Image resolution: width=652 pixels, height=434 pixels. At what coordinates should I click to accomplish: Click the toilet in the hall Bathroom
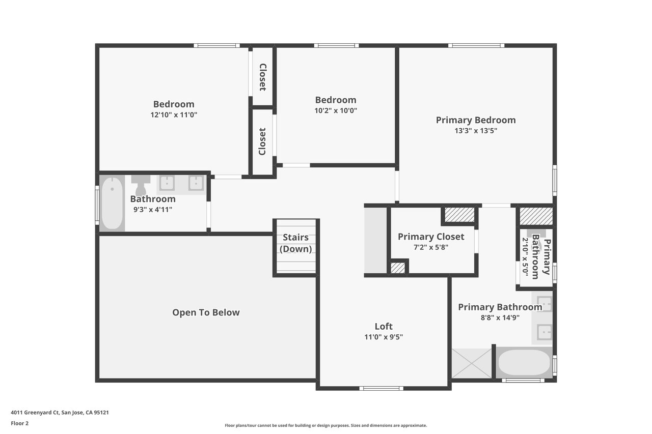(141, 185)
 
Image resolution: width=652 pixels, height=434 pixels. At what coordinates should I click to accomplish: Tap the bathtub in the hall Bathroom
(113, 203)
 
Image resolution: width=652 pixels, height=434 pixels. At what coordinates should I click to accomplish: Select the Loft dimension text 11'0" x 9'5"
(384, 337)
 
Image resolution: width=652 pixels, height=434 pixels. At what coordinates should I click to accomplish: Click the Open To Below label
(206, 312)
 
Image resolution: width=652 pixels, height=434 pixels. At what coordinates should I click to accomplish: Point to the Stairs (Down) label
(296, 243)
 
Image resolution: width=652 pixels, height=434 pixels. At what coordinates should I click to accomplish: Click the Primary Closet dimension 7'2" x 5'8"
(431, 247)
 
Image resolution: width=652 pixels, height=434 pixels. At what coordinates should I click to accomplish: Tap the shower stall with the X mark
(472, 363)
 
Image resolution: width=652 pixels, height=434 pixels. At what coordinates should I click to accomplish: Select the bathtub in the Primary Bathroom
(524, 362)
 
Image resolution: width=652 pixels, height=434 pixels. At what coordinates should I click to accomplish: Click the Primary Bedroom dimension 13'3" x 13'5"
(476, 131)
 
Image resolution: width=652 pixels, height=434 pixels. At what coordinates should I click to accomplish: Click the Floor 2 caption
(20, 423)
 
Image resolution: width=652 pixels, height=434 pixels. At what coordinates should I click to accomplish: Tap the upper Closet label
(262, 77)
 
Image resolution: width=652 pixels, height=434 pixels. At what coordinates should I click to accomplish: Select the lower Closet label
(262, 141)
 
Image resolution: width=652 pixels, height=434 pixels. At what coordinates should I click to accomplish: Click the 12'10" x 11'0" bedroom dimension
(174, 114)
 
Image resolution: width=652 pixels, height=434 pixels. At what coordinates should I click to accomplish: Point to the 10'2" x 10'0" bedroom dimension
(336, 110)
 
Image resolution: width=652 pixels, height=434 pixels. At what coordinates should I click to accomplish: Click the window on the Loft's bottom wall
(382, 388)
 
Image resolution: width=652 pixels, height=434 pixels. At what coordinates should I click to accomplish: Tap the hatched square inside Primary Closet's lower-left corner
(398, 268)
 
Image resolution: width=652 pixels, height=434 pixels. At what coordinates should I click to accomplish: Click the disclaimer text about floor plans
(325, 425)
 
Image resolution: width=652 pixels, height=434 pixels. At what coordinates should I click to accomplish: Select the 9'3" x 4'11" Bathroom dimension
(153, 209)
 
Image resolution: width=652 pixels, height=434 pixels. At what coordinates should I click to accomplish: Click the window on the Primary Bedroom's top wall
(476, 45)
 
